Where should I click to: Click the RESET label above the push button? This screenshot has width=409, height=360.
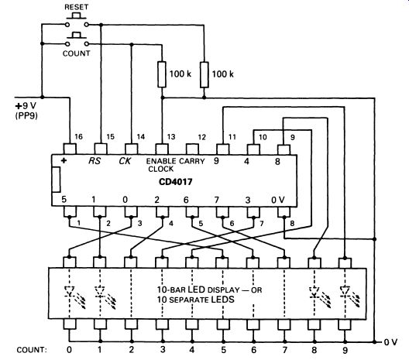(77, 7)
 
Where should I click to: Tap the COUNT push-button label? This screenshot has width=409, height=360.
(76, 53)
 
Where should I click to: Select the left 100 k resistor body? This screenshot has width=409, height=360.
(162, 74)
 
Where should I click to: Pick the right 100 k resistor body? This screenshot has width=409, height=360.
(204, 74)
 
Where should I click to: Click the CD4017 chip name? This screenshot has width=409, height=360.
(175, 182)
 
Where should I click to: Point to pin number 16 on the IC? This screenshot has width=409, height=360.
(78, 136)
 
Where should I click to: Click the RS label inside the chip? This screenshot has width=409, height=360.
(95, 160)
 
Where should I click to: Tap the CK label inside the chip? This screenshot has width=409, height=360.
(125, 161)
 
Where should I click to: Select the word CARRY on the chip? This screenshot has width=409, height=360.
(192, 161)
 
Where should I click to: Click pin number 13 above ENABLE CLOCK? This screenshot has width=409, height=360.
(171, 137)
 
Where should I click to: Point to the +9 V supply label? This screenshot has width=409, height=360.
(26, 106)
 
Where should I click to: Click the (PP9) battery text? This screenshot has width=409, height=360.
(26, 115)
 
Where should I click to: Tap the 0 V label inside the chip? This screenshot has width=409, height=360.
(278, 200)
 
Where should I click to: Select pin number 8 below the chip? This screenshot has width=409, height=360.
(292, 224)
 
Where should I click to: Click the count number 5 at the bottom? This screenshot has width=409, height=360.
(223, 350)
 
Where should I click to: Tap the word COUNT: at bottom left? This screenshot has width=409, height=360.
(32, 350)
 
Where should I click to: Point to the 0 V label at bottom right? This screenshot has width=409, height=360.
(390, 342)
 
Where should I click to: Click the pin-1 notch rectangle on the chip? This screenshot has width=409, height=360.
(56, 180)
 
